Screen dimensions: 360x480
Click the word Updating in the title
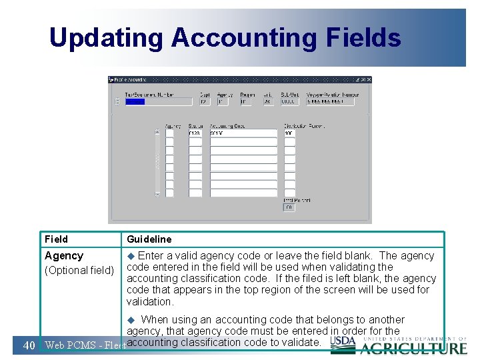coord(106,38)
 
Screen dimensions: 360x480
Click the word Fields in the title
coord(364,38)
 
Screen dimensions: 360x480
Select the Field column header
coord(56,239)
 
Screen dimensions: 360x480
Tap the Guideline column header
coord(149,239)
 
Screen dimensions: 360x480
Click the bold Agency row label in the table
coord(64,256)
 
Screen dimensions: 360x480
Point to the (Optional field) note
coord(79,271)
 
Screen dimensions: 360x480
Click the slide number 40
coord(29,345)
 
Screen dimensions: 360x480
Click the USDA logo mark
coord(343,341)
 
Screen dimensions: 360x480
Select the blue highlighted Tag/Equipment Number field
coord(135,102)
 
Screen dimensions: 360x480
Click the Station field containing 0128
coord(195,133)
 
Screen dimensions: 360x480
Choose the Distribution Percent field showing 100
coord(289,133)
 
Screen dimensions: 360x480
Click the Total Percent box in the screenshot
coord(289,207)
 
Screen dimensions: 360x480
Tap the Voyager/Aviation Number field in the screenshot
coord(332,102)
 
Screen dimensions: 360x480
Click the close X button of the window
coord(368,79)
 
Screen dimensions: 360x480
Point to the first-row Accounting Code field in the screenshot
coord(243,133)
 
